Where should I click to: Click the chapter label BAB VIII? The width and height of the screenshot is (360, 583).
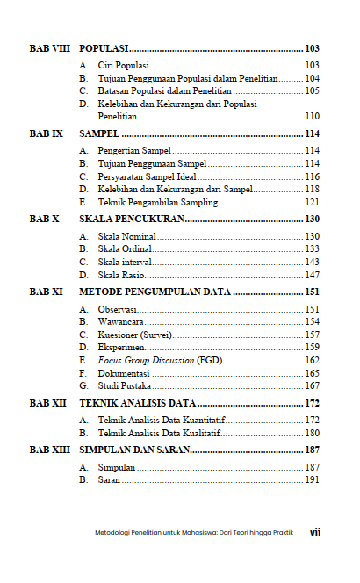coord(49,48)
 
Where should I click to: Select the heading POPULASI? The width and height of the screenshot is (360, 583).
coord(104,48)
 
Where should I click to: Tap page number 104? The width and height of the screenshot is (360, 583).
coord(312,78)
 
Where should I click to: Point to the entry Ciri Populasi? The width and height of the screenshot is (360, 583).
coord(124,66)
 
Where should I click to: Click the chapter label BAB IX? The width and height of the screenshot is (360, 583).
coord(46,134)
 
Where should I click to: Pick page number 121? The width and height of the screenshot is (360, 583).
coord(312,201)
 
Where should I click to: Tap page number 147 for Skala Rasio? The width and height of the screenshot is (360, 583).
coord(312,274)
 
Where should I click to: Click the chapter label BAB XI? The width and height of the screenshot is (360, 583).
coord(46,291)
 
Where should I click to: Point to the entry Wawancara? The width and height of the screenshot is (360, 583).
coord(122,322)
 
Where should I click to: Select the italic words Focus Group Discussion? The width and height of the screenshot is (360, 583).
coord(146,360)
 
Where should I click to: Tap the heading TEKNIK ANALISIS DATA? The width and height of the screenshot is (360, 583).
coord(149,403)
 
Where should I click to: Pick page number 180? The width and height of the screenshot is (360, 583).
coord(312,433)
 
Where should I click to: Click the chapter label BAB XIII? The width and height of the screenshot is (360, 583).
coord(48,450)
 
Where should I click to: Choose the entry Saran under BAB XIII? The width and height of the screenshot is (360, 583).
coord(110,480)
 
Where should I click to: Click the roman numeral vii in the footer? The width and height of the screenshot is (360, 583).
coord(314,532)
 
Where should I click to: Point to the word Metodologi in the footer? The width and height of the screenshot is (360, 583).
coord(112,533)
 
